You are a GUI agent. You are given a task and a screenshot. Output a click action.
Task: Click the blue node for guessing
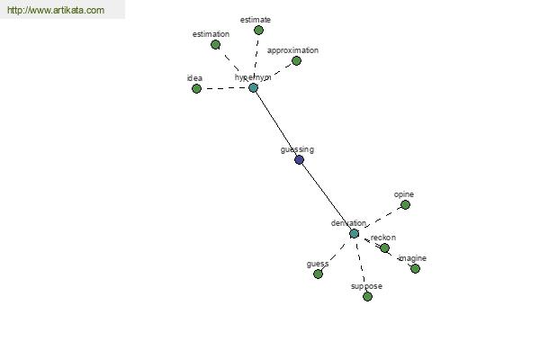pos(300,159)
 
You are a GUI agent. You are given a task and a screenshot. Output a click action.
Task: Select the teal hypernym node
pos(253,88)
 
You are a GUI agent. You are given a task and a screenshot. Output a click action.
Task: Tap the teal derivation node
pos(354,234)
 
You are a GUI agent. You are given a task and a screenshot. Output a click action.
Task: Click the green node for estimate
pos(258,31)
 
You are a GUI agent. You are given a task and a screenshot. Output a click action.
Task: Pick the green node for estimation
pos(215,44)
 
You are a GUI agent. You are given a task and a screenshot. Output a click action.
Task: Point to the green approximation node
pos(296,60)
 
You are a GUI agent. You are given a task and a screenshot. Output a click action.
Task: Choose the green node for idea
pos(196,88)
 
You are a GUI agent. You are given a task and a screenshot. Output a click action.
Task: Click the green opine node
pos(405,205)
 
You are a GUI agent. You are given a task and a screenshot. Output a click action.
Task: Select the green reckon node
pos(384,247)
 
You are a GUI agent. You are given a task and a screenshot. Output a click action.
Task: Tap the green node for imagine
pos(415,268)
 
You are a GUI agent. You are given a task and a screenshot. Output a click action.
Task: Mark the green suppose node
pos(367,296)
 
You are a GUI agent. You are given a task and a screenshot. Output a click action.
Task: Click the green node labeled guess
pos(318,274)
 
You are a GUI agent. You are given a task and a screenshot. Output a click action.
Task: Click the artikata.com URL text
pos(56,10)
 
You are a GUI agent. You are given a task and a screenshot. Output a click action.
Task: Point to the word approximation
pos(292,50)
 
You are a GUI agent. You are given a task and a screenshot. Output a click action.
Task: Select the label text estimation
pos(211,34)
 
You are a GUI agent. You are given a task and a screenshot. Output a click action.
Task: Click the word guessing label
pos(297,150)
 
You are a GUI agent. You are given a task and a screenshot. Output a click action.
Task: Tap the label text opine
pos(403,194)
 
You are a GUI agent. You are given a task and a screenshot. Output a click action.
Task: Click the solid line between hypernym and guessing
pos(276,123)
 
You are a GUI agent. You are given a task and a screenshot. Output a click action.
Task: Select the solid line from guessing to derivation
pos(327,196)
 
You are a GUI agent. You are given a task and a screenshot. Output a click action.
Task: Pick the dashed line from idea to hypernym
pos(224,88)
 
